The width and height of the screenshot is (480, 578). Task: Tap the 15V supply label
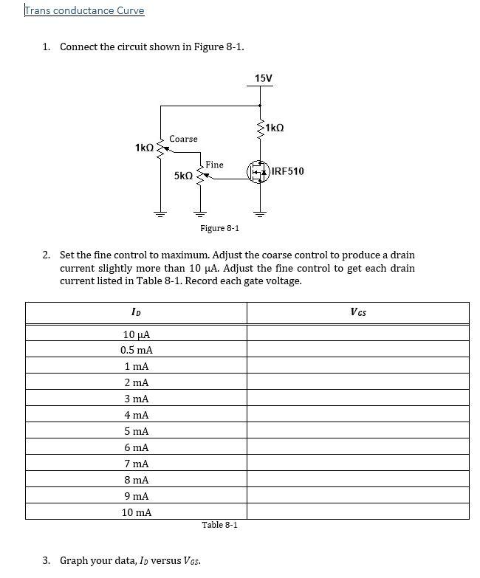(x=263, y=78)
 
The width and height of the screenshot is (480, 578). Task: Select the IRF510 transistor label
(x=287, y=171)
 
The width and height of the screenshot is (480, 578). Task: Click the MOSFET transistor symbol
(x=259, y=172)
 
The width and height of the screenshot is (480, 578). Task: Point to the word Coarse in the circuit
(x=183, y=139)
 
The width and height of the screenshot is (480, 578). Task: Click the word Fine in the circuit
(x=214, y=164)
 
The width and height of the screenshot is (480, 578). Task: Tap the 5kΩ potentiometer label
(x=183, y=176)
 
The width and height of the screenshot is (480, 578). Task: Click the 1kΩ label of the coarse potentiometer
(x=145, y=148)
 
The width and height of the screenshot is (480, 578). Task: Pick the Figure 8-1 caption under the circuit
(x=219, y=228)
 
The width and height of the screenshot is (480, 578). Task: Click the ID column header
(x=136, y=312)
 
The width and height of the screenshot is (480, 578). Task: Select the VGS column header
(x=358, y=312)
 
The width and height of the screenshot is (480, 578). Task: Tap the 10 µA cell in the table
(x=137, y=334)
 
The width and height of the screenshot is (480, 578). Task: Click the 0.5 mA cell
(x=137, y=350)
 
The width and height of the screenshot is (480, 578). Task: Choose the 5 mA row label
(x=137, y=431)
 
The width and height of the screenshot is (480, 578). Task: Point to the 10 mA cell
(x=137, y=512)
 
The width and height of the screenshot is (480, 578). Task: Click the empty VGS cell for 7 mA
(x=358, y=464)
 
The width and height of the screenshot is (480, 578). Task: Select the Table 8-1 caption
(x=219, y=525)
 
